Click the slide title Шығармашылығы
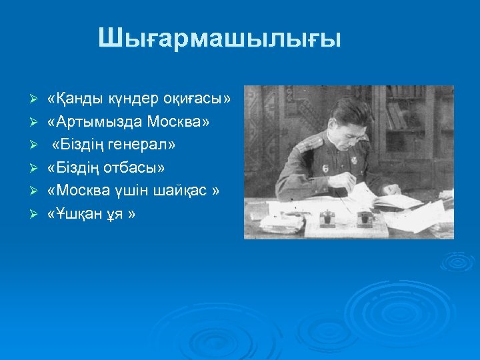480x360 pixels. [x=219, y=38]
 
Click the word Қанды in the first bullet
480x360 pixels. [x=75, y=99]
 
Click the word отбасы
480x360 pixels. [x=136, y=167]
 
